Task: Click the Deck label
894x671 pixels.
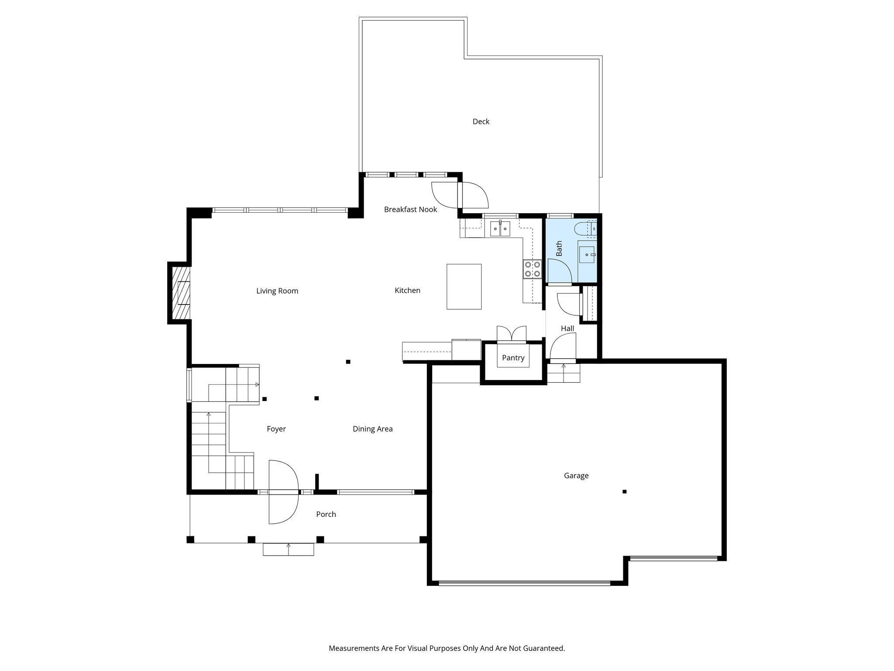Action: (x=481, y=121)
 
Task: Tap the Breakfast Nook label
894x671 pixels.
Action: (x=410, y=209)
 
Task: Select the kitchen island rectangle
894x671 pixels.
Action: (x=464, y=287)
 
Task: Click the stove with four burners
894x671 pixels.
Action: (x=532, y=269)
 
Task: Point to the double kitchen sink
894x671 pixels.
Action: (x=500, y=228)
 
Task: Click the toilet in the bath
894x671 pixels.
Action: (x=583, y=228)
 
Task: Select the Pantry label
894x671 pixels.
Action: (x=513, y=358)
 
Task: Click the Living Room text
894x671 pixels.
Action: (x=277, y=291)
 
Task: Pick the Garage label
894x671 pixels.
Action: (x=576, y=476)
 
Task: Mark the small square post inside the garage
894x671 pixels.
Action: (x=624, y=491)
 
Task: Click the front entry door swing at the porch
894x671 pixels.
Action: (x=283, y=492)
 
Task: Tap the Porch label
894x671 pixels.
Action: (x=326, y=514)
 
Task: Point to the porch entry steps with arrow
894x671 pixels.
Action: (x=288, y=549)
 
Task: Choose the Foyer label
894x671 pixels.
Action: (x=276, y=429)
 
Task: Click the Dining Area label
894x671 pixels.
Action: (x=372, y=429)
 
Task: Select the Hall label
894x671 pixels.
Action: (x=567, y=329)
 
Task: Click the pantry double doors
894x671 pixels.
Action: (x=511, y=333)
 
